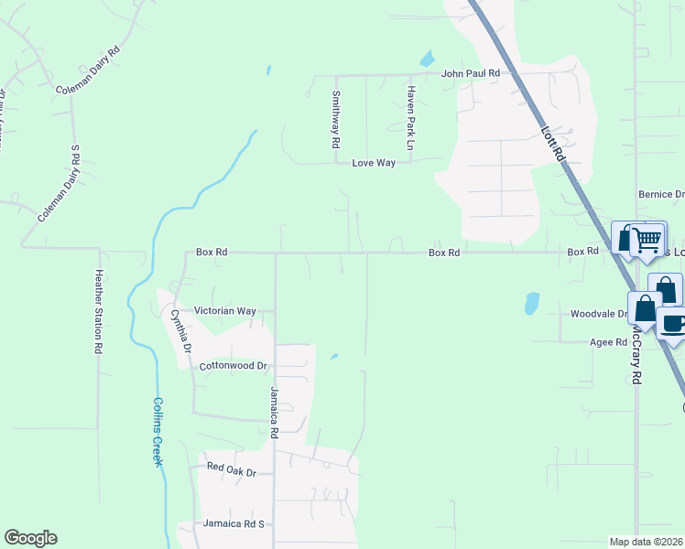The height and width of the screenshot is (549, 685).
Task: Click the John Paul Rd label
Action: click(470, 73)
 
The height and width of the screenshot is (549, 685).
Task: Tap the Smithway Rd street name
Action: click(336, 120)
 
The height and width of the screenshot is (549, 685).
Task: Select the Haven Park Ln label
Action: click(412, 118)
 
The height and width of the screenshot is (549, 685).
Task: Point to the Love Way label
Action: click(374, 163)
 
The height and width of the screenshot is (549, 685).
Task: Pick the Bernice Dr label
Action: click(661, 195)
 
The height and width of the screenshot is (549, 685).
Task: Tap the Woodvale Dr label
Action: click(598, 314)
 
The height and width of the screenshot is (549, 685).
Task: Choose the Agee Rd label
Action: click(608, 342)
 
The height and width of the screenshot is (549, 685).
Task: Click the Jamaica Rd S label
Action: click(234, 524)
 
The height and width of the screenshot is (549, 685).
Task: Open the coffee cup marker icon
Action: click(673, 325)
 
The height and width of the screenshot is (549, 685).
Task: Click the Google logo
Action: click(30, 538)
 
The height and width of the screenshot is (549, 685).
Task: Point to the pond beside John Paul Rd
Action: click(427, 59)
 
